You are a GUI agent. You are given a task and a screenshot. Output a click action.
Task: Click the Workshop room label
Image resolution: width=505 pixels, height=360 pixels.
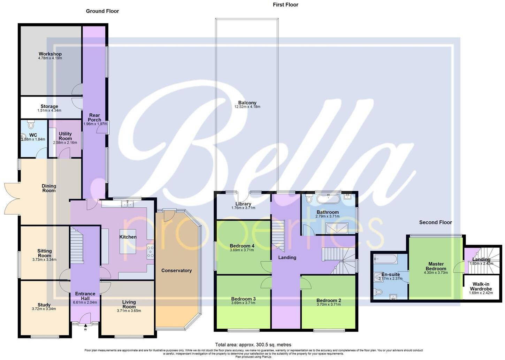(x=50, y=54)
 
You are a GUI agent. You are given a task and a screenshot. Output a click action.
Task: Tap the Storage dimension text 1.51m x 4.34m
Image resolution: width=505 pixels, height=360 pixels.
(x=49, y=110)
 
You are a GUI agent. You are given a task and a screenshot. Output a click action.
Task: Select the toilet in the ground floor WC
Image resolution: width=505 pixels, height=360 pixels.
(x=31, y=124)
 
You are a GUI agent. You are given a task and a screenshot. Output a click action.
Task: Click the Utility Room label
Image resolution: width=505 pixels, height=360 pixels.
(x=65, y=136)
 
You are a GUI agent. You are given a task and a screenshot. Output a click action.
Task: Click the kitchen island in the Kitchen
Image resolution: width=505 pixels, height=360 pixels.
(x=128, y=242)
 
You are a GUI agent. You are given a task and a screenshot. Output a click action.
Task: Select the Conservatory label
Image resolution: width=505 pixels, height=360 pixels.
(x=176, y=270)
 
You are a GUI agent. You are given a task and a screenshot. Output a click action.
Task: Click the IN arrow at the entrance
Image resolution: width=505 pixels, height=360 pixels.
(x=85, y=326)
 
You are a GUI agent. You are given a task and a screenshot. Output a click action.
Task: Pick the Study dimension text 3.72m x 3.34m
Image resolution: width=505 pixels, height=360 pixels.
(x=44, y=309)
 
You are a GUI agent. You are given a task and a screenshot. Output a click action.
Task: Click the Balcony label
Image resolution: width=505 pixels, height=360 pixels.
(x=247, y=103)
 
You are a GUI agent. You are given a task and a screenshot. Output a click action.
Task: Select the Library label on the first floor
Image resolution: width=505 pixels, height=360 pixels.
(x=243, y=204)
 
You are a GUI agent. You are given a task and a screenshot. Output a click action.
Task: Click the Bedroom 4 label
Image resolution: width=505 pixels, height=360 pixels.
(x=242, y=246)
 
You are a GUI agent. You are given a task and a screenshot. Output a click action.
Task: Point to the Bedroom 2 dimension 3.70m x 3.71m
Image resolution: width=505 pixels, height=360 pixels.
(x=329, y=305)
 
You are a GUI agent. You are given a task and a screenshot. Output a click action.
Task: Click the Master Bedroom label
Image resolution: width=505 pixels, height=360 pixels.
(x=436, y=266)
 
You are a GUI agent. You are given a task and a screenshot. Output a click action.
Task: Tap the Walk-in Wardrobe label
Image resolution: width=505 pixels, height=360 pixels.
(x=481, y=286)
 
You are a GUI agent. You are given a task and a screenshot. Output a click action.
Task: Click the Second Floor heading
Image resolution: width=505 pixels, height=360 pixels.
(x=435, y=222)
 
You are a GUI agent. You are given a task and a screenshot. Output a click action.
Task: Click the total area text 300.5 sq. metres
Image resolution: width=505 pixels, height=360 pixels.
(x=253, y=345)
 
